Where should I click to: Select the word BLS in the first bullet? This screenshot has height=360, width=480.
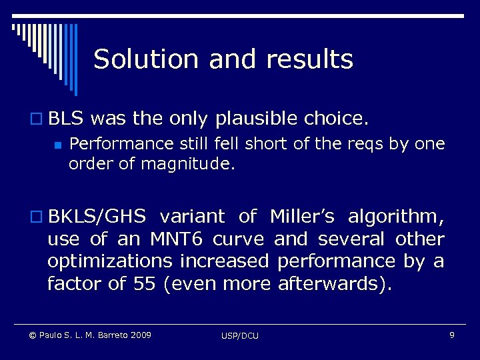click(x=65, y=120)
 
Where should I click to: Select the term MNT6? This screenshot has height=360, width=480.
click(x=182, y=239)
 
